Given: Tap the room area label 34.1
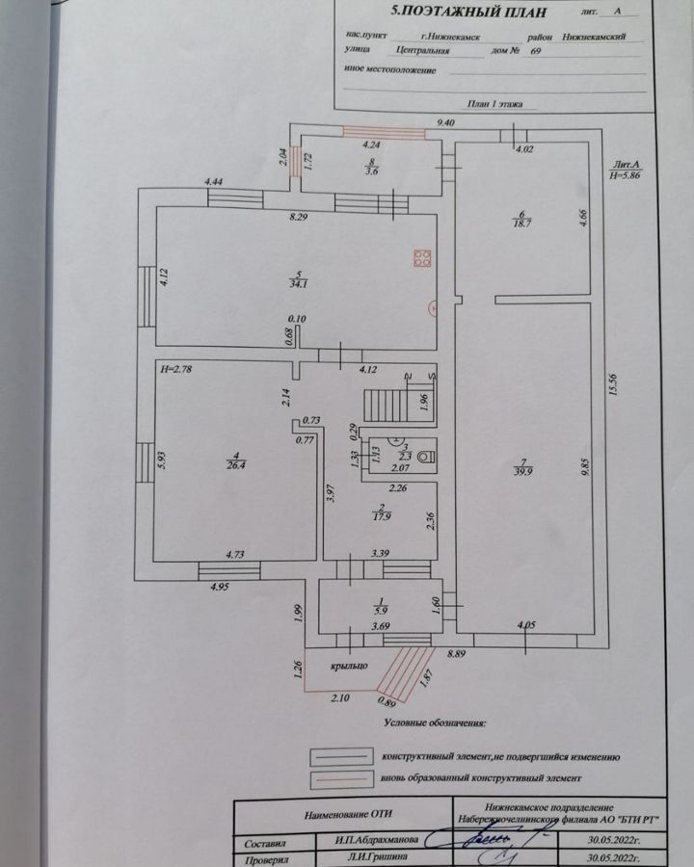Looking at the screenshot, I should (x=288, y=284).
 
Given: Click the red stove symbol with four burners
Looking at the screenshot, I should (x=422, y=257).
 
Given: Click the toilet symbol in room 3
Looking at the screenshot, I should (x=425, y=456).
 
